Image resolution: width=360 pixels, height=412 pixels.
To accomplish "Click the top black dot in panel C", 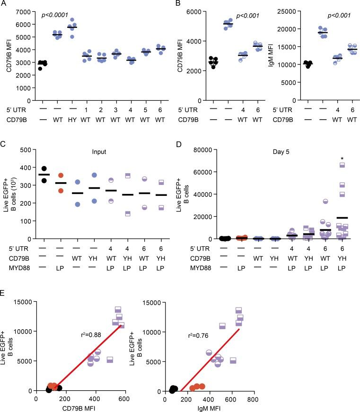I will (x=44, y=168).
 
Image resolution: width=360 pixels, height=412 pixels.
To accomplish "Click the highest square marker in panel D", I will (x=342, y=165).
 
